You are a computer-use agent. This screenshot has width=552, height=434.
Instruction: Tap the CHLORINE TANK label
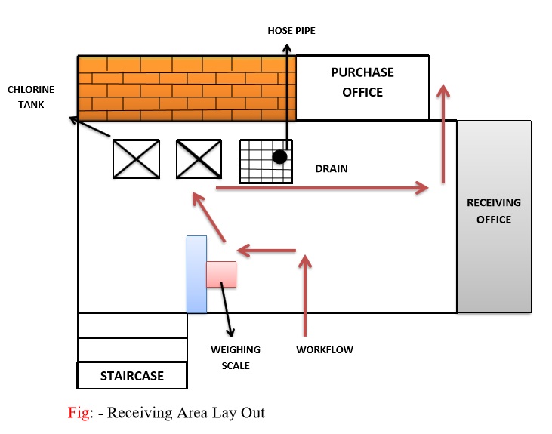pos(26,97)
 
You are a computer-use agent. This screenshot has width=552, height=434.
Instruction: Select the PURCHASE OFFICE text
pos(362,82)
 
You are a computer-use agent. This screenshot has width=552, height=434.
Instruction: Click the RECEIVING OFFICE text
pos(494,211)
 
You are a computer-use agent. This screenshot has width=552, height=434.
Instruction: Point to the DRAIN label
pos(332,168)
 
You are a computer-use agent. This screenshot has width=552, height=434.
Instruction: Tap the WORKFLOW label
pos(325,349)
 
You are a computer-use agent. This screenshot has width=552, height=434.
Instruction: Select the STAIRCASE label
pos(132,375)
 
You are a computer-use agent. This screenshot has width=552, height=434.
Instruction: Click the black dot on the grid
pos(279,157)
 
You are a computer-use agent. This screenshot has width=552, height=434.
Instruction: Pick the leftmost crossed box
pos(136,159)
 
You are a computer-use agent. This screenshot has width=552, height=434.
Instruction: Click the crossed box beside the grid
pos(199,159)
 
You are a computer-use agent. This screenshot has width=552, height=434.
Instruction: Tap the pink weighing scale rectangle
pos(221,274)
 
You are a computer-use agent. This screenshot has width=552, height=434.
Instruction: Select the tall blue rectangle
pos(196,274)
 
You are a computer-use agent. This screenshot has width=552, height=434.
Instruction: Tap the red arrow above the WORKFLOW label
pos(305,294)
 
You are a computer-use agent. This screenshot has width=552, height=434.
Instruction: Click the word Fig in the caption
pos(78,413)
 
